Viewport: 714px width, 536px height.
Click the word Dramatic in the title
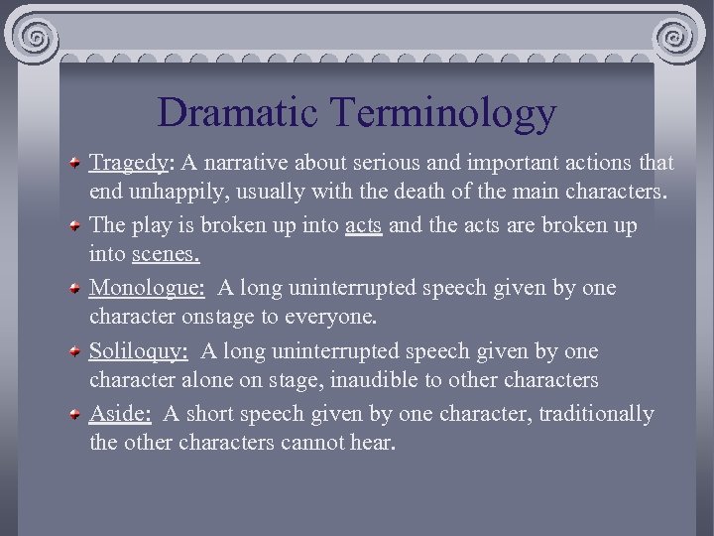point(239,112)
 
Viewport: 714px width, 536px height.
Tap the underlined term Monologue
point(147,289)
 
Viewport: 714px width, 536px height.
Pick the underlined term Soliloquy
point(138,351)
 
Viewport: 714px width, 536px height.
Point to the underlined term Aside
point(118,414)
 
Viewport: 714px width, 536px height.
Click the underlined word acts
point(363,226)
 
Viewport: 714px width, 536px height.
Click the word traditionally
point(596,414)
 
